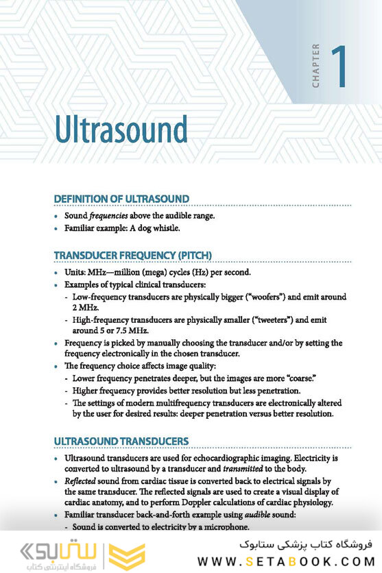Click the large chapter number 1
tap(338, 67)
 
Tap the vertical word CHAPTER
tap(316, 66)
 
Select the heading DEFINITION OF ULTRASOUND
tap(121, 199)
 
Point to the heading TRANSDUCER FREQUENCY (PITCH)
tap(133, 256)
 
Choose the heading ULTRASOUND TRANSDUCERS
tap(121, 441)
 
